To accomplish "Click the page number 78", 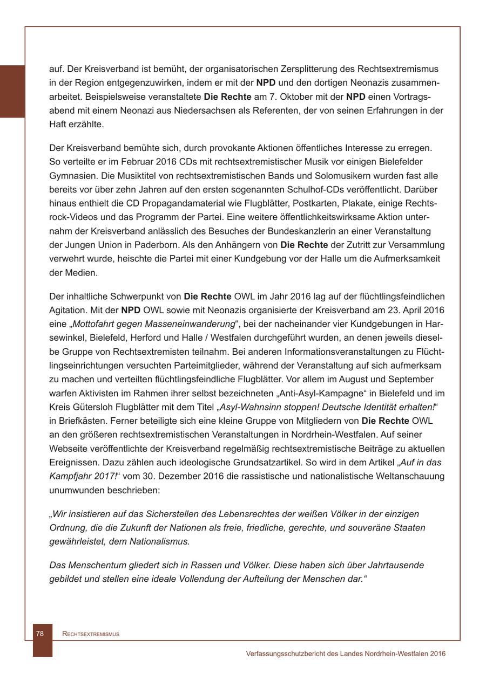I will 40,634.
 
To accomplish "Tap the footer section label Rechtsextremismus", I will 91,634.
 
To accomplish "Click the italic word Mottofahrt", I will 93,324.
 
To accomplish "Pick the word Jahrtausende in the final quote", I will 397,565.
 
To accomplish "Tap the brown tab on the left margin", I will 12,91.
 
